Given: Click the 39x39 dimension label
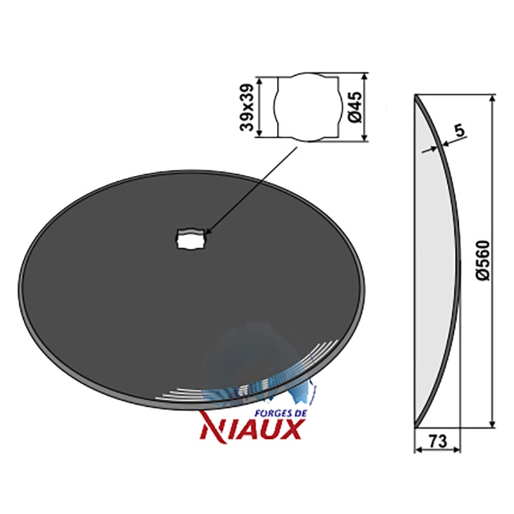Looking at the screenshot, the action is coord(247,107).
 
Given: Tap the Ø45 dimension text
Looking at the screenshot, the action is coord(355,107).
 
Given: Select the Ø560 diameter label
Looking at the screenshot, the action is coord(483,261).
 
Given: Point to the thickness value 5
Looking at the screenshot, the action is coord(460,130).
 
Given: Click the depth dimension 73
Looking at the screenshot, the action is coord(438,441).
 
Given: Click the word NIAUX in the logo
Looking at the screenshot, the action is coord(251,429).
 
